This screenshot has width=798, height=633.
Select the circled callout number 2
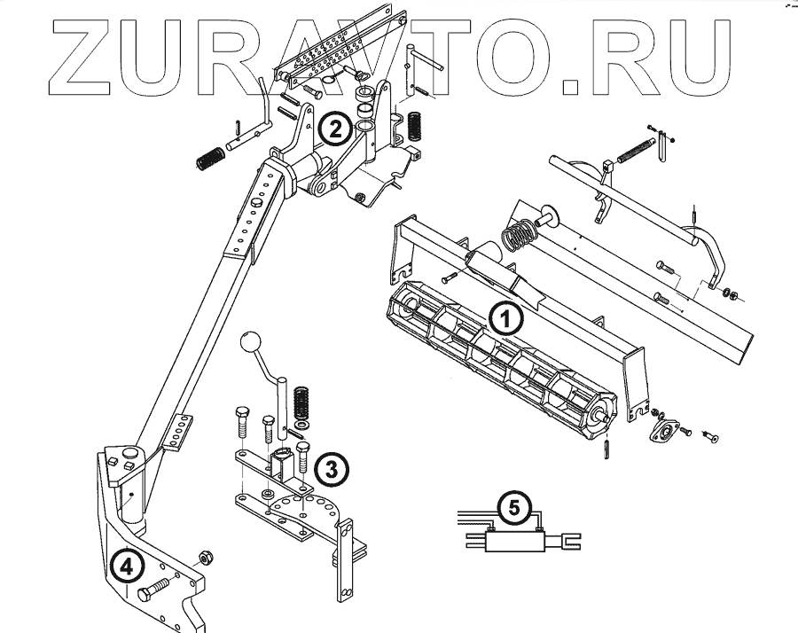click(333, 130)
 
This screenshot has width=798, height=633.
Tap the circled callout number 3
click(329, 469)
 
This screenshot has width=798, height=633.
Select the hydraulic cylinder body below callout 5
click(514, 540)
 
